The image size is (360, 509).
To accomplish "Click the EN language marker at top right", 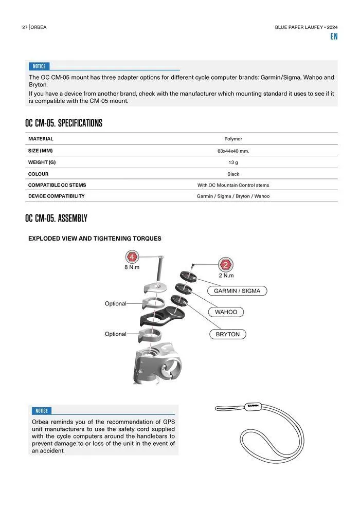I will [x=334, y=37].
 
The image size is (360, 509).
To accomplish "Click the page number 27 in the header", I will [x=25, y=27].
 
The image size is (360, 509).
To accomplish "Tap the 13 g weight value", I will [x=233, y=162].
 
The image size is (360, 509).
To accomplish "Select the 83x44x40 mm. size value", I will [x=233, y=151].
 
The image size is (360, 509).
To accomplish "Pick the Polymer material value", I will [x=233, y=139].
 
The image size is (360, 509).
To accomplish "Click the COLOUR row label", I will [x=38, y=174].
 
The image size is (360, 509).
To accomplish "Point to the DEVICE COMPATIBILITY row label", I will [x=56, y=196].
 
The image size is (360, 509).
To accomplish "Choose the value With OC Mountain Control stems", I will [x=233, y=185].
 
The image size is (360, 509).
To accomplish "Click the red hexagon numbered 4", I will [x=132, y=257].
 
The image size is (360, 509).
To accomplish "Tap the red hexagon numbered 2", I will [x=225, y=265].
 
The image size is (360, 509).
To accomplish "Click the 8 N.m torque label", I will [x=132, y=267].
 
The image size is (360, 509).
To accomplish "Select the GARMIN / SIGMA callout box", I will [x=237, y=291].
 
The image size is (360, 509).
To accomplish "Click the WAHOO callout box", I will [x=226, y=312].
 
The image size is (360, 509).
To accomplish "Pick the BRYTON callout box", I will [x=228, y=334].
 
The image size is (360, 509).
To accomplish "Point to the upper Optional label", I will [x=115, y=304].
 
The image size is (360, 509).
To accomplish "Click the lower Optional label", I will [x=115, y=334].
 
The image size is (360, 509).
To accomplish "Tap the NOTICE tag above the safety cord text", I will [x=41, y=411].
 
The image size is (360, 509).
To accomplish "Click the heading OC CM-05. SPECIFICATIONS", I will [x=63, y=123].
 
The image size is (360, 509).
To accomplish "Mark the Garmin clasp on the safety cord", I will [x=253, y=405].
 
